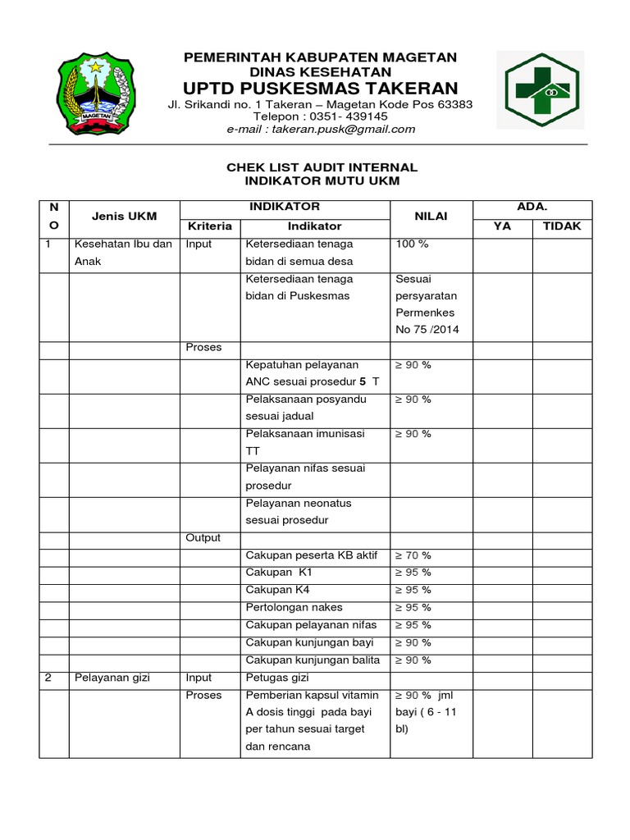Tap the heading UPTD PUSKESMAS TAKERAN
click(x=320, y=88)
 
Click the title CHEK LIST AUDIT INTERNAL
click(x=322, y=167)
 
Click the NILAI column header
click(x=431, y=216)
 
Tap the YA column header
click(x=502, y=226)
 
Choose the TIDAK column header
click(x=562, y=226)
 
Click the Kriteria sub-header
click(x=210, y=226)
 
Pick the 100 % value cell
click(x=413, y=244)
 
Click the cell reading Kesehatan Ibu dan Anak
click(x=123, y=253)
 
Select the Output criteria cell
click(x=203, y=537)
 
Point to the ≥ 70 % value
click(x=413, y=555)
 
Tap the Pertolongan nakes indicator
click(x=294, y=607)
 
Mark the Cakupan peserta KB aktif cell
click(x=311, y=555)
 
